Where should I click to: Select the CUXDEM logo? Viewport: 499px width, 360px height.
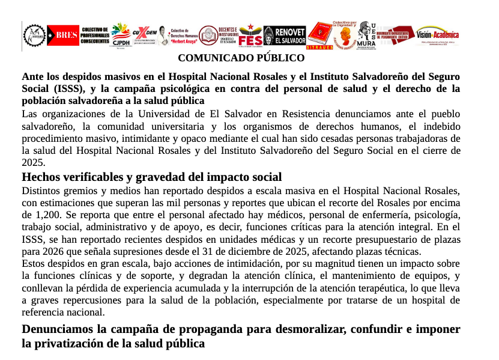pos(145,35)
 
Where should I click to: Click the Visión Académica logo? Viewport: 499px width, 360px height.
pos(437,35)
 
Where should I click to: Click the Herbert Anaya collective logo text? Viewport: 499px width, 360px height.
pos(184,37)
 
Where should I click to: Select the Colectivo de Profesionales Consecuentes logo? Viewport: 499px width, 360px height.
pos(95,35)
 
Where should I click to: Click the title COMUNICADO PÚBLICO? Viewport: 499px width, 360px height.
pos(241,58)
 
